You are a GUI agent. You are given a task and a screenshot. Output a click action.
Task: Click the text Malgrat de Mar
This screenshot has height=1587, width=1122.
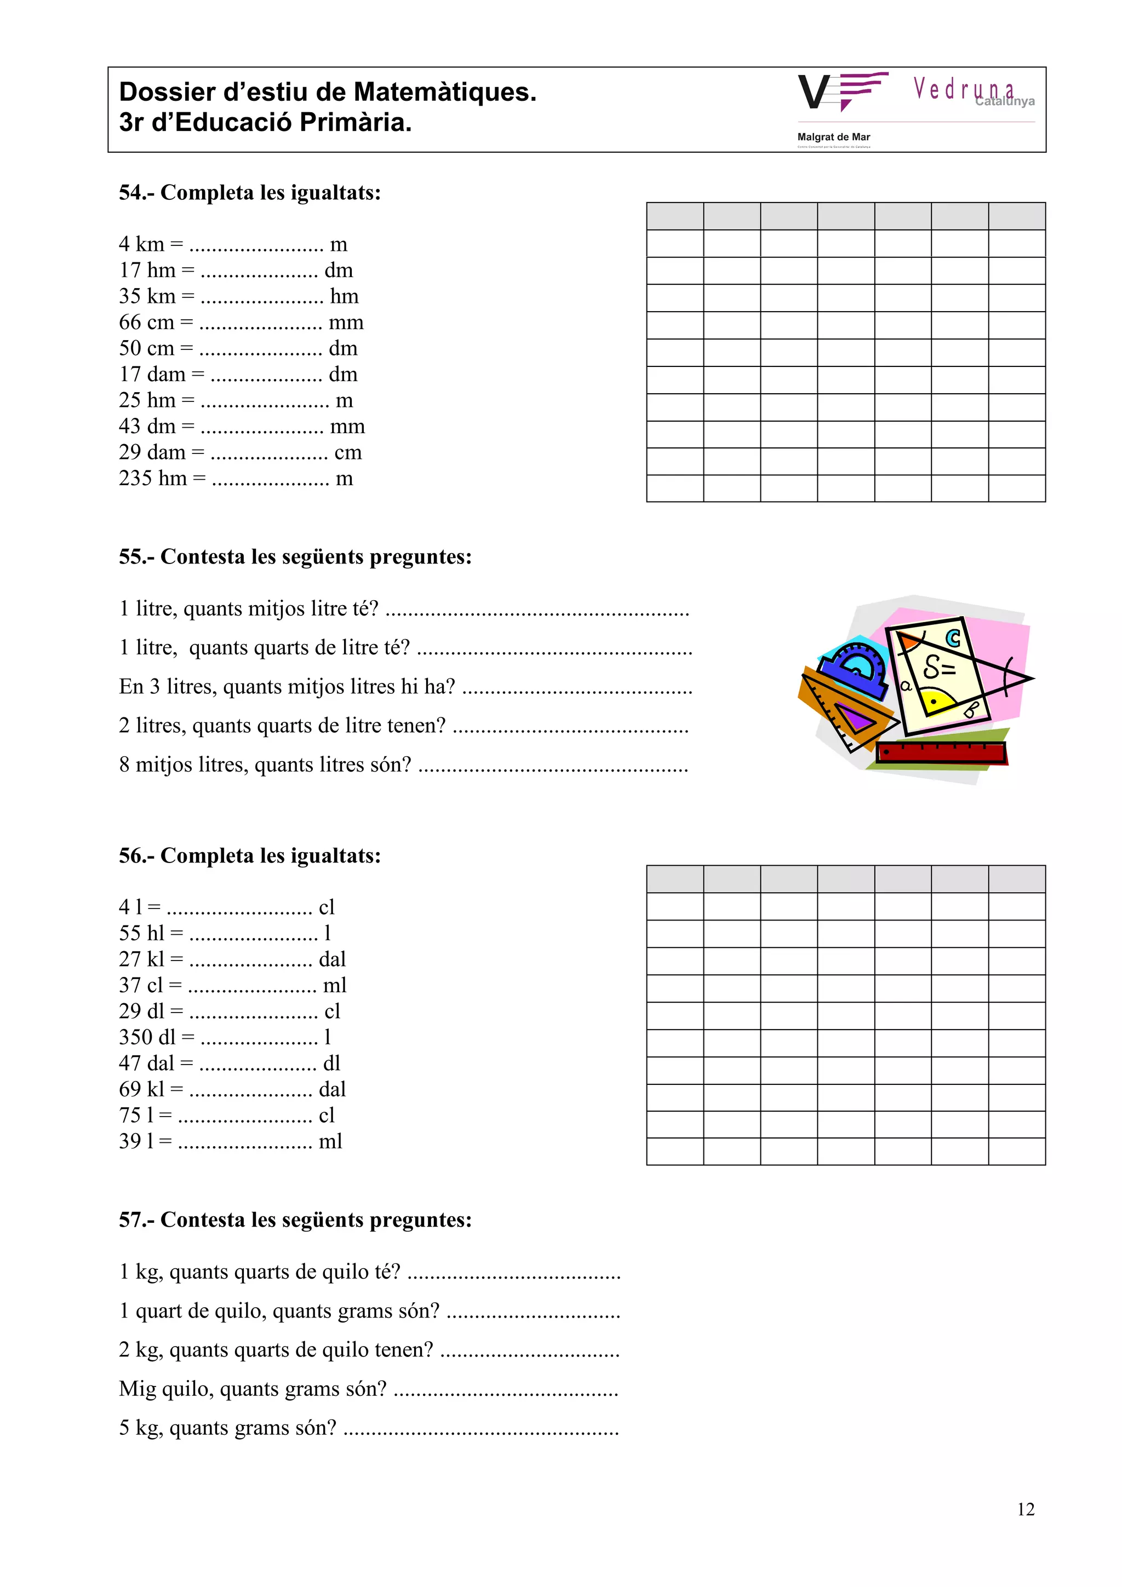point(833,137)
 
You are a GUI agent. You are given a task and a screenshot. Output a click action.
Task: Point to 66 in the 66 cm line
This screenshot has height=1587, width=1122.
point(129,322)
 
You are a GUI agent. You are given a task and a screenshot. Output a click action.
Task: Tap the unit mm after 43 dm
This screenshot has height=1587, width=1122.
point(347,427)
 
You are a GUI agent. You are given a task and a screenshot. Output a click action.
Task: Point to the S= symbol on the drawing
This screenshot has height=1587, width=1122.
point(940,668)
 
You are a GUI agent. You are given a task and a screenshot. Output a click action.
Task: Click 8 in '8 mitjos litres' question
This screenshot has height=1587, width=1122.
point(124,764)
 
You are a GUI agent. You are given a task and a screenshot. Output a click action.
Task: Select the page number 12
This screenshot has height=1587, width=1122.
point(1025,1510)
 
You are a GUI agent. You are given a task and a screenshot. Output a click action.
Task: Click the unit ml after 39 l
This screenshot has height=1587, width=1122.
point(330,1141)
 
